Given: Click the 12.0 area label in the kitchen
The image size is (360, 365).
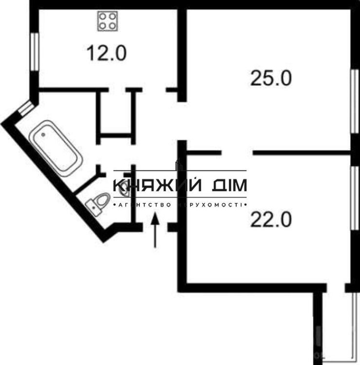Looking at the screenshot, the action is (107, 53).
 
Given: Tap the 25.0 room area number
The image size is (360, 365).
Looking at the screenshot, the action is (271, 78).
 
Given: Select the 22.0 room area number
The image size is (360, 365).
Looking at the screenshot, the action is (271, 219).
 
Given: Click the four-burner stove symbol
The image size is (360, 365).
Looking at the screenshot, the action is (108, 21).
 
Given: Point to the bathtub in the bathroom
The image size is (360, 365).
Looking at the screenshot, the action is (56, 148).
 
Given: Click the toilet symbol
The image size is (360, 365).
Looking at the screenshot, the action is (98, 203).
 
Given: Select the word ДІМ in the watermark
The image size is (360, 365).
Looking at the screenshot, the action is (229, 185).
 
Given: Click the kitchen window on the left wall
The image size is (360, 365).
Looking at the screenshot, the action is (34, 52).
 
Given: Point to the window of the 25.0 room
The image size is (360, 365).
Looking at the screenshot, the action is (355, 101).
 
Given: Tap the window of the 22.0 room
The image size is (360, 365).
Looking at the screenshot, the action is (355, 198).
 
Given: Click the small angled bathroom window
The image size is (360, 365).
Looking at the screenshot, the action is (25, 109).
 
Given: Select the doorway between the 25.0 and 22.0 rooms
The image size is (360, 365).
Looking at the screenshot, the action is (237, 153).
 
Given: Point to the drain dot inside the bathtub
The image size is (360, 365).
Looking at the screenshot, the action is (43, 134).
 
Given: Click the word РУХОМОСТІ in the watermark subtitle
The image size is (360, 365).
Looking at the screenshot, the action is (209, 205).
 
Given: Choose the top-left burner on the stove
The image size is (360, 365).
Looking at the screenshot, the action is (103, 17).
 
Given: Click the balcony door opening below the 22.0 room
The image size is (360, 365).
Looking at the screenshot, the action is (336, 288).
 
